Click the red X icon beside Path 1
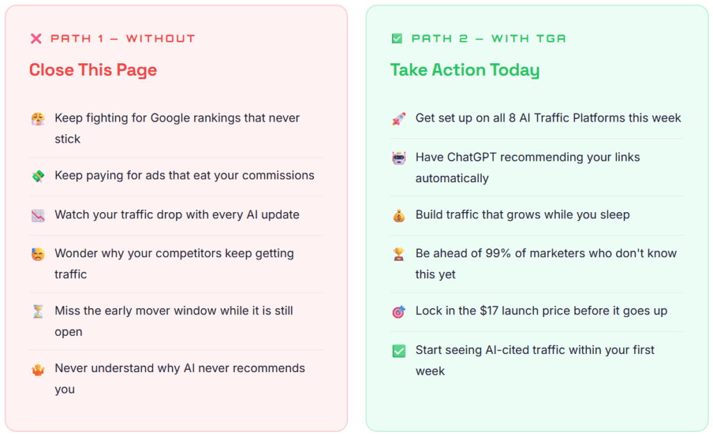[36, 39]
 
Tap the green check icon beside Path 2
[397, 39]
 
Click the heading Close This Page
[93, 70]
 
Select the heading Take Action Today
[464, 70]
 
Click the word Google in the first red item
[170, 118]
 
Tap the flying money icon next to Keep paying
[38, 176]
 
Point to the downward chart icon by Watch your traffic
[38, 215]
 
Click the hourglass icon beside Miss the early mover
[38, 311]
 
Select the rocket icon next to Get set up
[399, 118]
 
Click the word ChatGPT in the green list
[472, 157]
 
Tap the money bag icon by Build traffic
[399, 216]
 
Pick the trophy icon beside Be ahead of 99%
[399, 254]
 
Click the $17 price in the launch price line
[489, 311]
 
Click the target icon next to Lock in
[399, 312]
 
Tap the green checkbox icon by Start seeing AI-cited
[399, 350]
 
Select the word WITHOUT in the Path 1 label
[161, 39]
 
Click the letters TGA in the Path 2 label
[551, 39]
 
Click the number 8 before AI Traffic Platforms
[512, 118]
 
